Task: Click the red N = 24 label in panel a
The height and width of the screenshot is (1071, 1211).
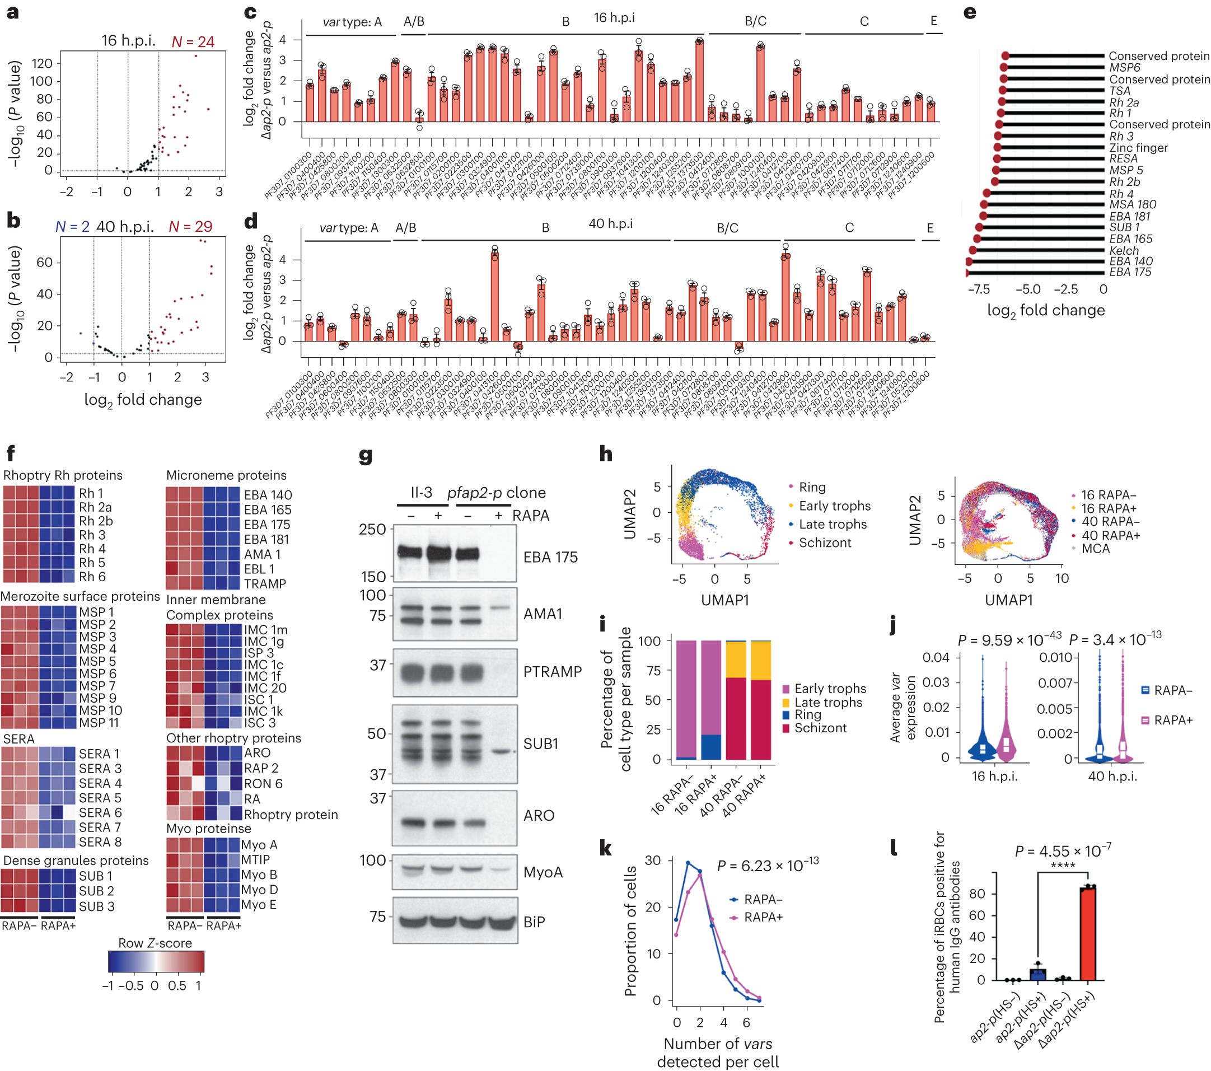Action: click(x=193, y=42)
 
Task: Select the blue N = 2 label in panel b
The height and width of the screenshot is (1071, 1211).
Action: click(x=72, y=227)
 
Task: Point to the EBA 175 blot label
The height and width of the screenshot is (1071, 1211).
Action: click(x=550, y=557)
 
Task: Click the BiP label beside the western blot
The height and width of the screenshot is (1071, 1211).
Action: click(x=534, y=922)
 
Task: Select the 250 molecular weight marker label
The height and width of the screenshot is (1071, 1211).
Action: click(x=372, y=529)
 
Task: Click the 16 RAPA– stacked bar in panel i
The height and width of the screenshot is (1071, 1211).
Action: click(x=686, y=699)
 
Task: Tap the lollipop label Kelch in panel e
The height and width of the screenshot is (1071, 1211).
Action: click(x=1124, y=251)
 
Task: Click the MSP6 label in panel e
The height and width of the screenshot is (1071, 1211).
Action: click(x=1124, y=68)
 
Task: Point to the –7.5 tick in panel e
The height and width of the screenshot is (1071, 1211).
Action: click(x=979, y=289)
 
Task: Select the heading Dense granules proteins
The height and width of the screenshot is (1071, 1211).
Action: click(x=76, y=860)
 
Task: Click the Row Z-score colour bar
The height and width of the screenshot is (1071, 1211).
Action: click(x=156, y=961)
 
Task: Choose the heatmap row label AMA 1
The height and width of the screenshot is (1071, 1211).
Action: click(x=262, y=554)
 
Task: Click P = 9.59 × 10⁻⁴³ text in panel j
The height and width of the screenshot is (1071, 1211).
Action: click(x=1009, y=640)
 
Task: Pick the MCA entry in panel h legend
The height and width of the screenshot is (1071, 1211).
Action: click(x=1095, y=549)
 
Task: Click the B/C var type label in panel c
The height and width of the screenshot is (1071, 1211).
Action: click(x=755, y=21)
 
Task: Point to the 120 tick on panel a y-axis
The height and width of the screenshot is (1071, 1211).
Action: click(x=42, y=63)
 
